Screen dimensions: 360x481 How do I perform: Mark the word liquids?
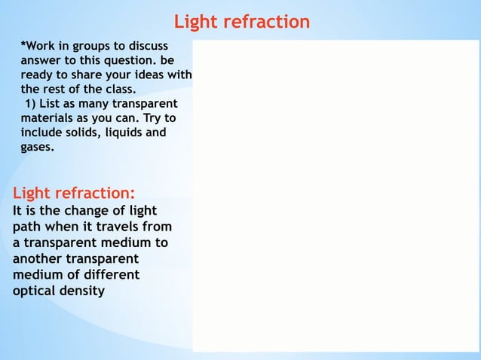point(124,133)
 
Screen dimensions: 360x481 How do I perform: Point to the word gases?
point(37,147)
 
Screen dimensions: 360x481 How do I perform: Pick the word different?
point(106,274)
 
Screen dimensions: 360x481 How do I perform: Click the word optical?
point(37,290)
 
